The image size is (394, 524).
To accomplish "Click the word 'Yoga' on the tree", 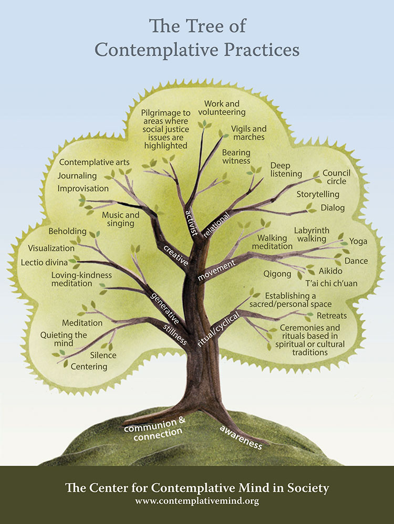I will (358, 242).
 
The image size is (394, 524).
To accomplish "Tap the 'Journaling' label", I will (77, 176).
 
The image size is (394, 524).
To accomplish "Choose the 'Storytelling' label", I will (319, 194).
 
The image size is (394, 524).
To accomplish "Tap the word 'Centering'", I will (89, 366).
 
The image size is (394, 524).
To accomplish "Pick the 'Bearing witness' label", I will (236, 156).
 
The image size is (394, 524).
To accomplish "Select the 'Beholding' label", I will (68, 231).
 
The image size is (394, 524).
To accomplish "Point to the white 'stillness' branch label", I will (174, 332).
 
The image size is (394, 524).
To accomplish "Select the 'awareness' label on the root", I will (241, 437).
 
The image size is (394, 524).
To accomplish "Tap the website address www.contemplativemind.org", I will (197, 501).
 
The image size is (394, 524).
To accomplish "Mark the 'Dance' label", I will (356, 261).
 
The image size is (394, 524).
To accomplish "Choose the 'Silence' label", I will (103, 355).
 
